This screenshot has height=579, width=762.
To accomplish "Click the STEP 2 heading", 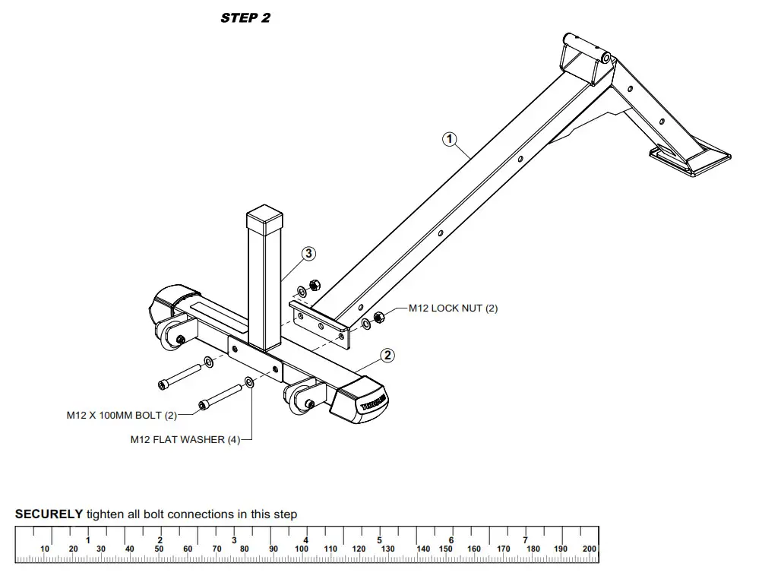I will pos(245,17).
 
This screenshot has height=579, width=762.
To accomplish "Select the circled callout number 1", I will pos(450,138).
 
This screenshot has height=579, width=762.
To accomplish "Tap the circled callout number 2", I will pos(387,354).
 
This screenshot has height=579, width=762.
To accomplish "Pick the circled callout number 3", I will pos(308,254).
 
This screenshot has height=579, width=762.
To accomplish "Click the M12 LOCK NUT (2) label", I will pos(453,308).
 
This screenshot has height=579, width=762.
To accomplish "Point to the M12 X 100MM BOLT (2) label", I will pos(122,416).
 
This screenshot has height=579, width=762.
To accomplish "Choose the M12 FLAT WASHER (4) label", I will pos(185,439).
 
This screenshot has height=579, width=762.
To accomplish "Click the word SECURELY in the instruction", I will pos(49,514).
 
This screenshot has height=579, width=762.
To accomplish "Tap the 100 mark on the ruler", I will pos(302,549).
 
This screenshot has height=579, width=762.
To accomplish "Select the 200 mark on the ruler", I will pos(590,549).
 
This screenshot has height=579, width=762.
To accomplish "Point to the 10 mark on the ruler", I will pos(45,549).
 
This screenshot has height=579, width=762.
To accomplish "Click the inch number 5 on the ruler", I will pos(379,540).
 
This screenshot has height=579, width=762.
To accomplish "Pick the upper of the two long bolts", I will pos(179,375).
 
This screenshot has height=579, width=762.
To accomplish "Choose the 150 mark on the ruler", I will pos(446,549).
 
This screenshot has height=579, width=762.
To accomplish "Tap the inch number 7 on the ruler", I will pos(525,540).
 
